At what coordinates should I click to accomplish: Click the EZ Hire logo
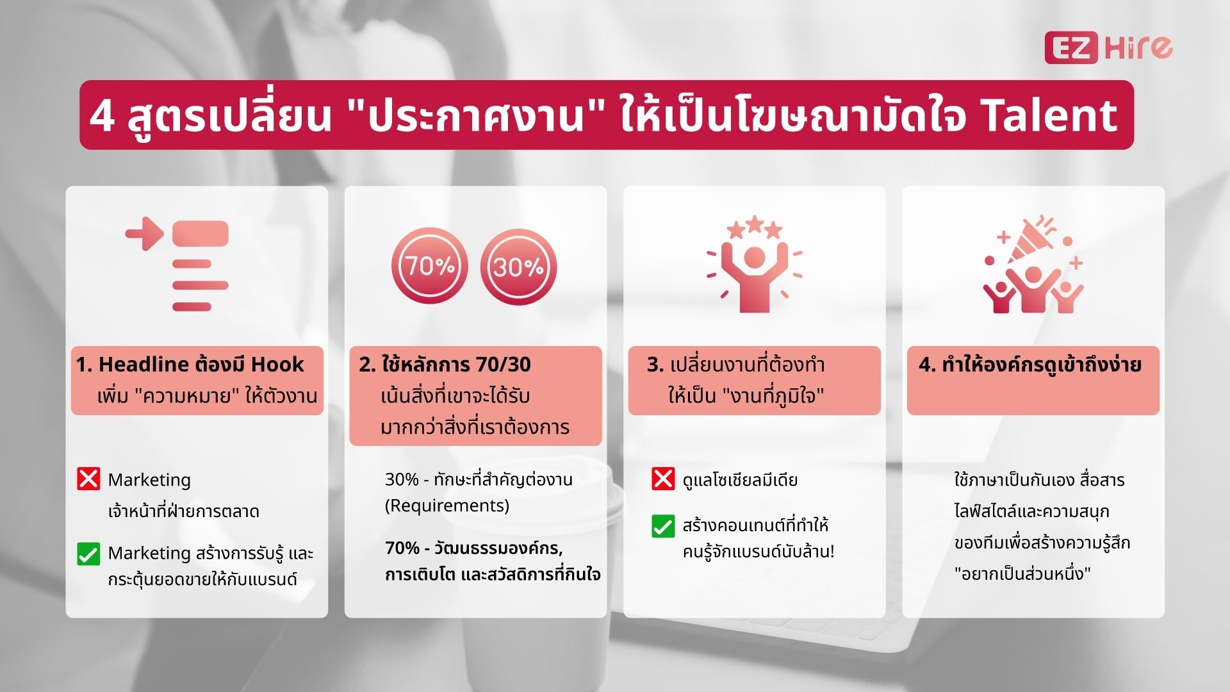[1108, 47]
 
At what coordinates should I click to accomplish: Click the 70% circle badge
[429, 267]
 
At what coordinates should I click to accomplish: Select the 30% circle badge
[518, 267]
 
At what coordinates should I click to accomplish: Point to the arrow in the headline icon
[145, 233]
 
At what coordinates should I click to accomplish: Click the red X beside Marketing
[88, 479]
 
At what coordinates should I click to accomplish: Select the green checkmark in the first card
[88, 554]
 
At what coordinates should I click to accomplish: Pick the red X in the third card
[663, 479]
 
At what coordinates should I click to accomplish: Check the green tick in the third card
[663, 527]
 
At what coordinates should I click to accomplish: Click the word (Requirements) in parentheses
[447, 506]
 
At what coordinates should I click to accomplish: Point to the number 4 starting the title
[102, 117]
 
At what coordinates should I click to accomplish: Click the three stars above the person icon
[755, 227]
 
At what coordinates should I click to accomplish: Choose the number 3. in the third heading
[655, 365]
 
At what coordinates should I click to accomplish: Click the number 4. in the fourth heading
[927, 365]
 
